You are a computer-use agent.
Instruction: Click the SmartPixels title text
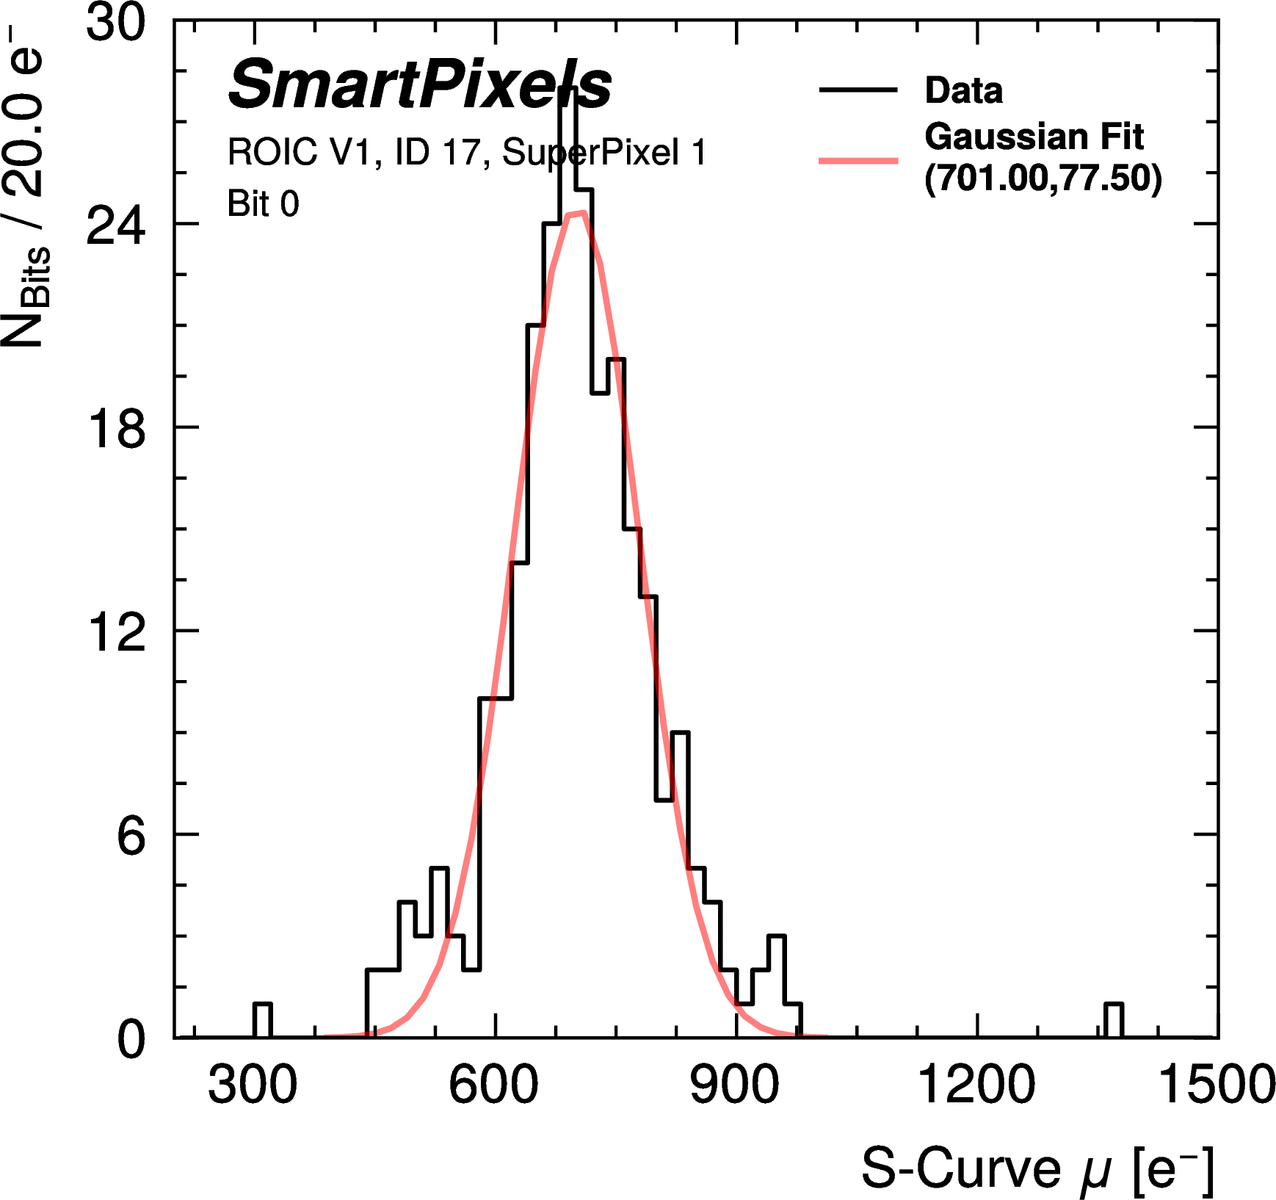click(419, 84)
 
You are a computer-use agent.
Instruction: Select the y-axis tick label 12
click(116, 632)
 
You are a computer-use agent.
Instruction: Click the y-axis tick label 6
click(131, 836)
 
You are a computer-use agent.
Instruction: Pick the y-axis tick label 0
click(131, 1039)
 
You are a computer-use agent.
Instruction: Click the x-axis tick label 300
click(253, 1085)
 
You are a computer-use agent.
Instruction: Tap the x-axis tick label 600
click(493, 1085)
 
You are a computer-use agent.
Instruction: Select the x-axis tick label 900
click(734, 1085)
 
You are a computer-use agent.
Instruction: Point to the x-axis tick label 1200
click(976, 1085)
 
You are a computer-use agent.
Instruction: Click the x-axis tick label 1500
click(1216, 1085)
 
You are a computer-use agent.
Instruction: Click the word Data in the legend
click(963, 90)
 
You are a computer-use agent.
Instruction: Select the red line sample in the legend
click(858, 159)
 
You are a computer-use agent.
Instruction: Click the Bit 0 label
click(263, 203)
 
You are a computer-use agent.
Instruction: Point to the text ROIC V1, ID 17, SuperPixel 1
click(466, 152)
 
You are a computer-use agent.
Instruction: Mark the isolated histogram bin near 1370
click(1114, 1021)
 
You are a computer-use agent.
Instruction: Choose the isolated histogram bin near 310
click(262, 1021)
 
